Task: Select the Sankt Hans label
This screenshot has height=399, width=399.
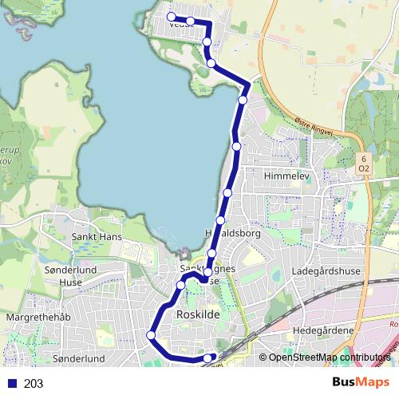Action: click(x=95, y=237)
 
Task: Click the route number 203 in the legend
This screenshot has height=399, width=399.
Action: click(x=34, y=383)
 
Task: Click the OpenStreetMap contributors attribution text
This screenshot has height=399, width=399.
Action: click(x=330, y=358)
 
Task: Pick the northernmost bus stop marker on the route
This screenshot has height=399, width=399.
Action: click(x=171, y=16)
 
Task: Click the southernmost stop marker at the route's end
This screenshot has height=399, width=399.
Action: click(x=209, y=358)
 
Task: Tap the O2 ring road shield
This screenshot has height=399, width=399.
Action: click(x=364, y=168)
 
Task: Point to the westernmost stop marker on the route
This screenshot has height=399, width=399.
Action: click(x=150, y=335)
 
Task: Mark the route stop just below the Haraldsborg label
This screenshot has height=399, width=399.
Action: click(x=211, y=253)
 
